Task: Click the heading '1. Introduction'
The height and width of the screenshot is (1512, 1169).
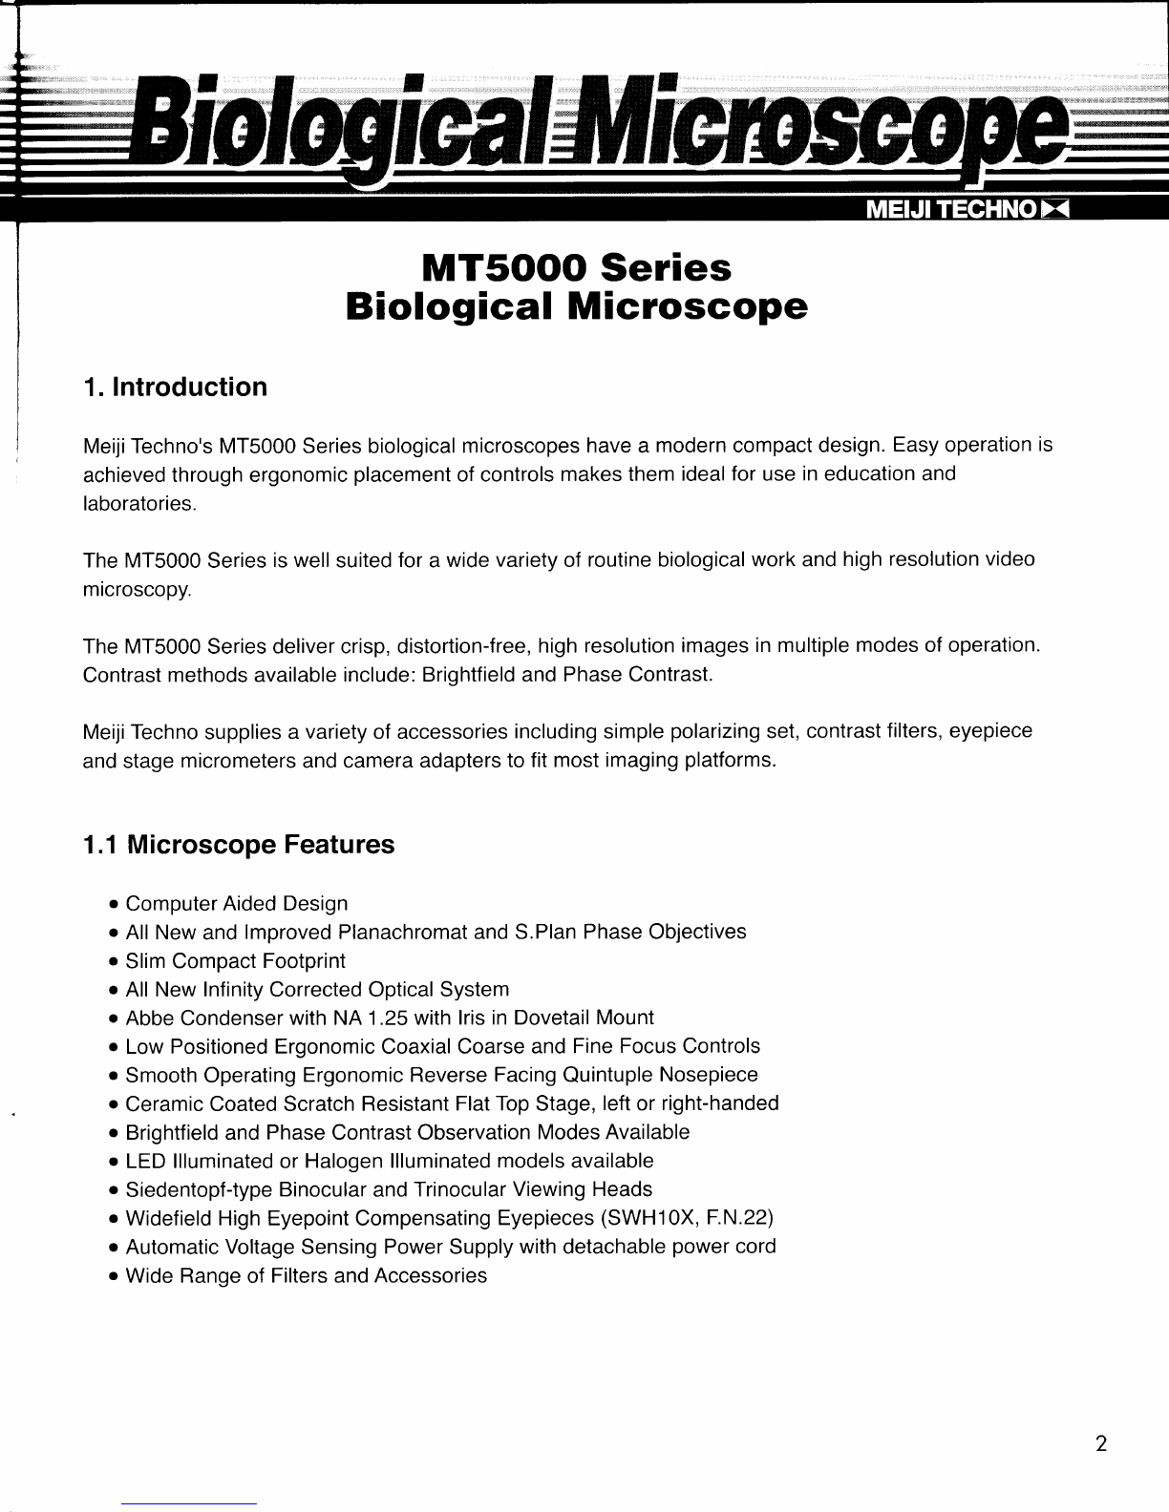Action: pos(175,388)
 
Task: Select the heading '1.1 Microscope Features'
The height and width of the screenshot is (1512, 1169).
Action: pos(238,845)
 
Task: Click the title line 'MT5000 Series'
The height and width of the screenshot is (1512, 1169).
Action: pos(577,268)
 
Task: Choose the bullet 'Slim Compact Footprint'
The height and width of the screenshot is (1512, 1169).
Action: pos(235,961)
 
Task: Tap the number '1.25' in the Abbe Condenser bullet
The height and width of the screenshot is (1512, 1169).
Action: pos(393,1018)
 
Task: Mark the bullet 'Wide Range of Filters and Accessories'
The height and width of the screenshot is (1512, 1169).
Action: pos(306,1276)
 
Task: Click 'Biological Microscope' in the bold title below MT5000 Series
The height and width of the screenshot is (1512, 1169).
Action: pos(577,307)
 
